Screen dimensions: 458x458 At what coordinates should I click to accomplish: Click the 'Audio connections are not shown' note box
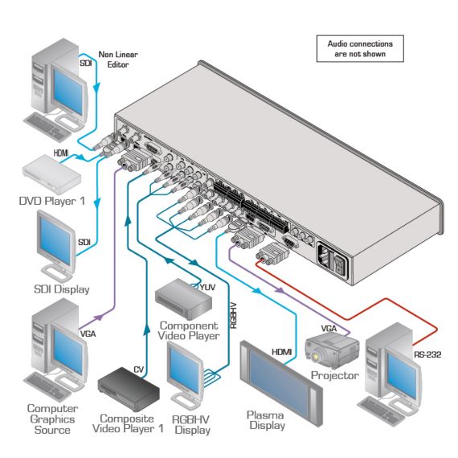tap(360, 49)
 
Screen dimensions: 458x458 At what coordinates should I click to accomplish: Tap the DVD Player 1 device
tap(51, 174)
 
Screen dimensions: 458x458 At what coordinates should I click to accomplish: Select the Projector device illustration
tap(332, 350)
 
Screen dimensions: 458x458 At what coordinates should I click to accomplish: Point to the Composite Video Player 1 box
tap(129, 389)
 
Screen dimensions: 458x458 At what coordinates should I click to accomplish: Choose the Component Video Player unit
tap(183, 299)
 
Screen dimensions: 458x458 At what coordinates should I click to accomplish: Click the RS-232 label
tap(427, 354)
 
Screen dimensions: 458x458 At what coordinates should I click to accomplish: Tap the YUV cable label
tap(207, 287)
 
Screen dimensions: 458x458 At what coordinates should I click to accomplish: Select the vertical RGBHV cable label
tap(233, 316)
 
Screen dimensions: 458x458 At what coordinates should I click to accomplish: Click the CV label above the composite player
tap(139, 370)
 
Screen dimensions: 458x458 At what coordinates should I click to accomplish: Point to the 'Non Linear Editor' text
tap(118, 59)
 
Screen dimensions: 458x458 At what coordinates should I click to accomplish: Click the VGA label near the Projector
tap(329, 329)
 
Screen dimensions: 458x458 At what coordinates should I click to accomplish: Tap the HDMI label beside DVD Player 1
tap(61, 153)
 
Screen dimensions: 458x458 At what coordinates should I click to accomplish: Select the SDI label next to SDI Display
tap(84, 242)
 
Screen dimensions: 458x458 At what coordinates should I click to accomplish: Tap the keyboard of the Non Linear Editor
tap(47, 127)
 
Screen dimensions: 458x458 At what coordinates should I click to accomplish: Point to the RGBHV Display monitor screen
tap(185, 367)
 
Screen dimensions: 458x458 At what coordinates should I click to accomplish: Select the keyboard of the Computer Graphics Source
tap(47, 386)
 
